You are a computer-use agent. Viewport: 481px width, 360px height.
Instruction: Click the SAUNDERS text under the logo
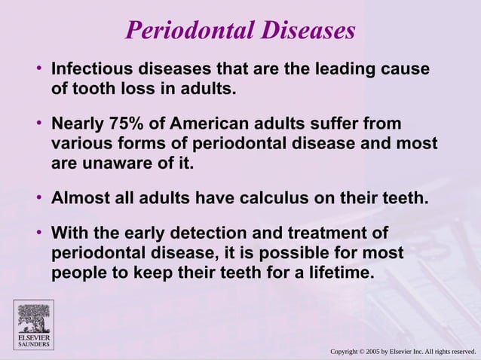pyautogui.click(x=32, y=345)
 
